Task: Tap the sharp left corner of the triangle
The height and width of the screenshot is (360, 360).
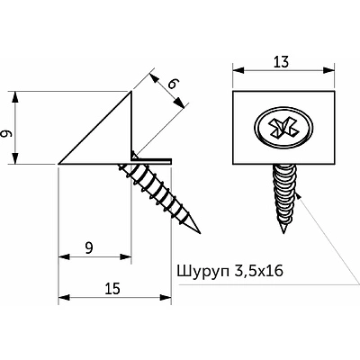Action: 59,164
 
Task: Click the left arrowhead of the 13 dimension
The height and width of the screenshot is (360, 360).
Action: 237,68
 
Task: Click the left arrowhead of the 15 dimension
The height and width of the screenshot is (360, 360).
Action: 62,297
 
